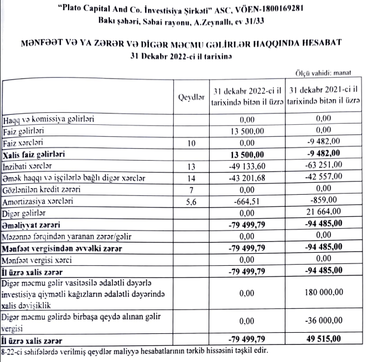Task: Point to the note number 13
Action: (x=191, y=167)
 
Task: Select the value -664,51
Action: (x=247, y=201)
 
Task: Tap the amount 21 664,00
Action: (x=322, y=213)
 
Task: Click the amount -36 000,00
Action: (x=322, y=320)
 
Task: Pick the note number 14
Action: (x=191, y=178)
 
